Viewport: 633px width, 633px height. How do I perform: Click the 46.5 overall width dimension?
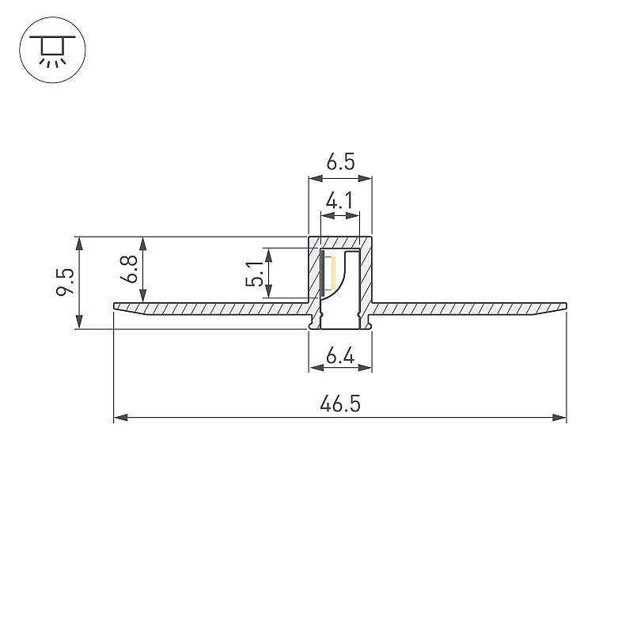pyautogui.click(x=340, y=404)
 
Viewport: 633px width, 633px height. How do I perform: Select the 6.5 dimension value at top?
pyautogui.click(x=340, y=162)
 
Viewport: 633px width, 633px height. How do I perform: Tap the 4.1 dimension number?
pyautogui.click(x=339, y=201)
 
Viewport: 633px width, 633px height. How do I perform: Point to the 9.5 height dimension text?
pyautogui.click(x=65, y=282)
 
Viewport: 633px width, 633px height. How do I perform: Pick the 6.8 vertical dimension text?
pyautogui.click(x=130, y=269)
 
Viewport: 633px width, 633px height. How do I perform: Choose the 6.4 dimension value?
pyautogui.click(x=340, y=357)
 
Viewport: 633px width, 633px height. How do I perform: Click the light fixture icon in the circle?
pyautogui.click(x=52, y=51)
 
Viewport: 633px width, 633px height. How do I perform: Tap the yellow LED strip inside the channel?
pyautogui.click(x=333, y=273)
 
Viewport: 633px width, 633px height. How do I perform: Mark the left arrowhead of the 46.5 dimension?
pyautogui.click(x=121, y=417)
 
